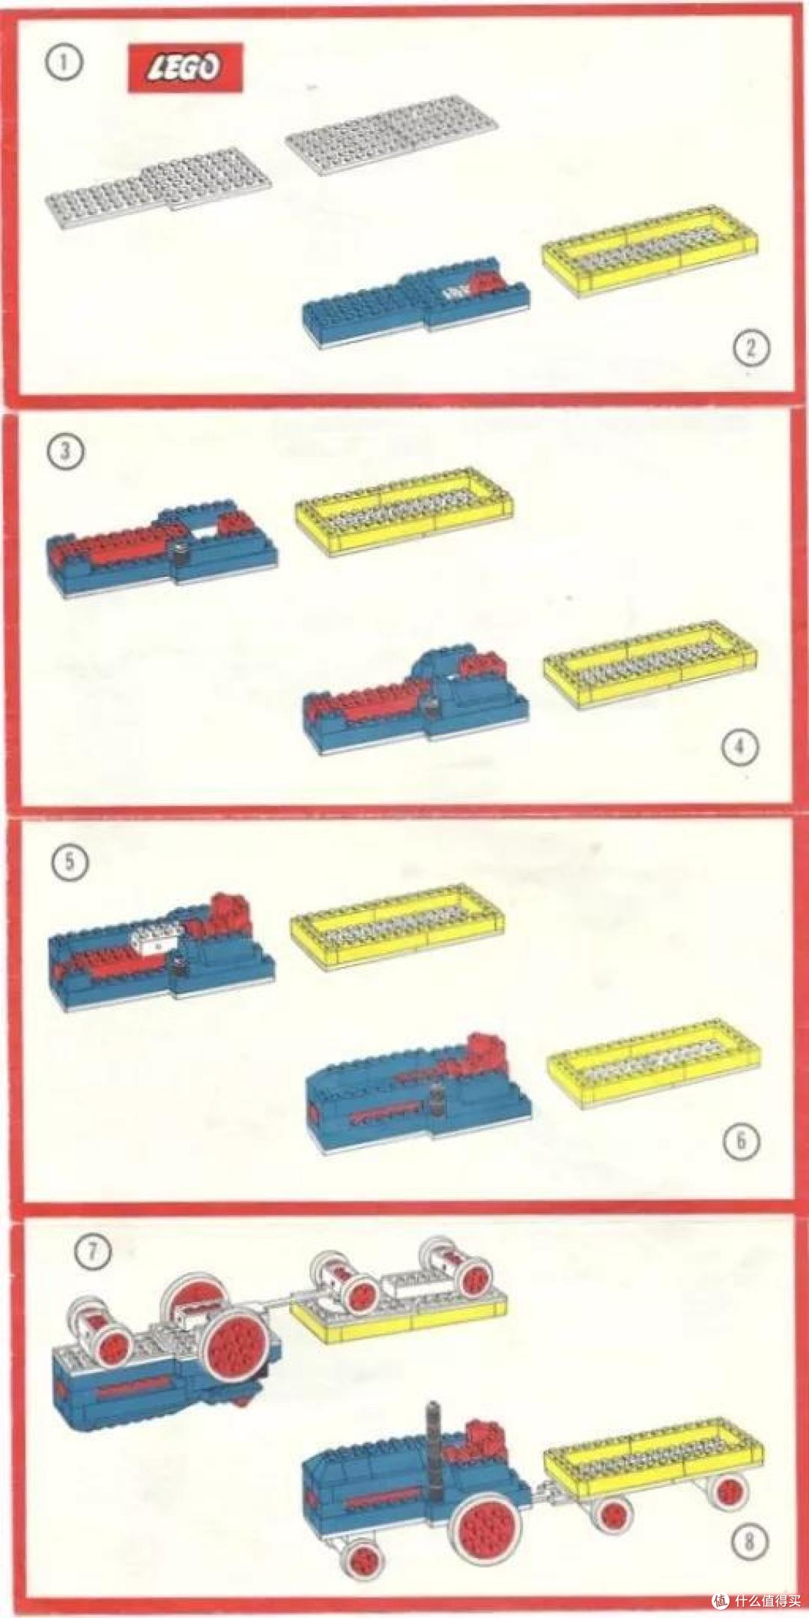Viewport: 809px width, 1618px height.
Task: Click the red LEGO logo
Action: click(185, 67)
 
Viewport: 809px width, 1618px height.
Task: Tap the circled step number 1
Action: click(64, 62)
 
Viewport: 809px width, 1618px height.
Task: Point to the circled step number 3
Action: click(65, 452)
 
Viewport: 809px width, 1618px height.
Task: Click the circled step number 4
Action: click(740, 747)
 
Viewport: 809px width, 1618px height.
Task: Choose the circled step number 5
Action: click(70, 861)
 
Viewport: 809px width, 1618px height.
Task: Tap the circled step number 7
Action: click(92, 1251)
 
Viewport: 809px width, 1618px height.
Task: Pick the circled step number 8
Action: click(749, 1541)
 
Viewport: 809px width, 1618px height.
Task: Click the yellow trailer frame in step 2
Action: click(649, 251)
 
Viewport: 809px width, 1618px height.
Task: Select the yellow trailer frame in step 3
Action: click(404, 512)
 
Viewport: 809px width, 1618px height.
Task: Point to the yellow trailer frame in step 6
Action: click(654, 1064)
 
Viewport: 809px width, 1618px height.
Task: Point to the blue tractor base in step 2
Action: click(416, 307)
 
